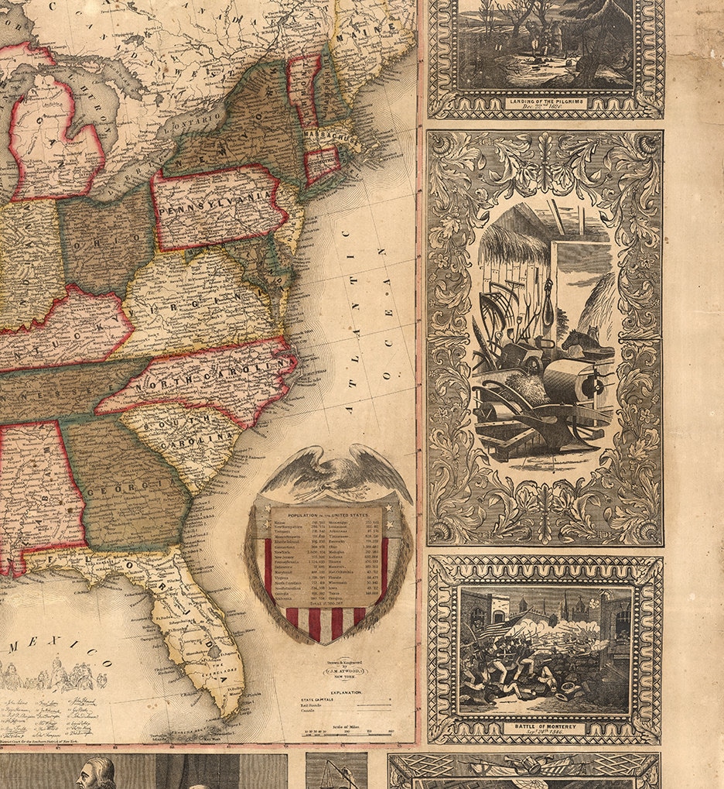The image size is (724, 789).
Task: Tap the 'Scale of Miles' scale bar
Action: (346, 730)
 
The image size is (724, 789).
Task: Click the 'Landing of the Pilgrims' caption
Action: (546, 101)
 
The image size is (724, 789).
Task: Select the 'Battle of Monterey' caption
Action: (545, 727)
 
